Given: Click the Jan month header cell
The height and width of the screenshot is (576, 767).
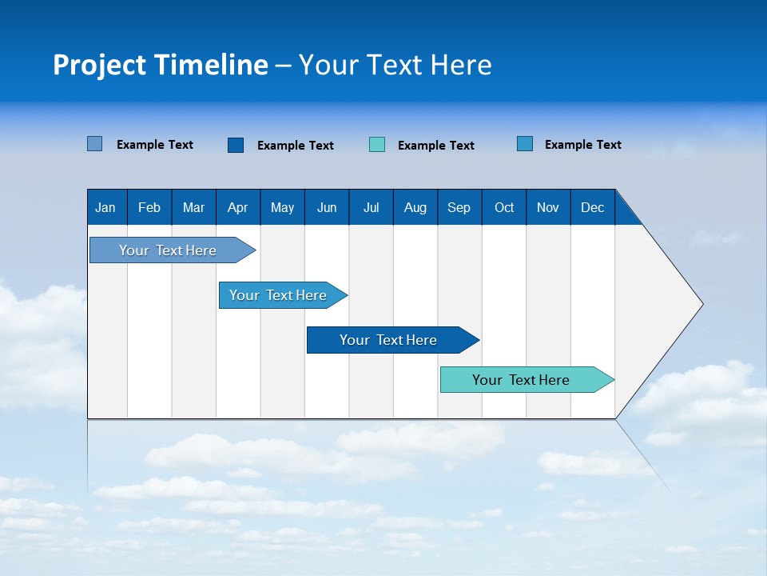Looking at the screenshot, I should point(106,207).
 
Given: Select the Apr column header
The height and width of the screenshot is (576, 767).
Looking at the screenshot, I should point(238,207).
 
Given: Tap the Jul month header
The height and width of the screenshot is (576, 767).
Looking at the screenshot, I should point(371,207).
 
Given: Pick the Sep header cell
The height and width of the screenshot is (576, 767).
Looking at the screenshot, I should point(459,207).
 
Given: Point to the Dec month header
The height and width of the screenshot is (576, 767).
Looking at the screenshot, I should point(592,207).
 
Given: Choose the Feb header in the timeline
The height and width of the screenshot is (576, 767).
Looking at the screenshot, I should point(149,207).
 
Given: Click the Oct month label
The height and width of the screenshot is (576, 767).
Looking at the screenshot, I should point(504,207).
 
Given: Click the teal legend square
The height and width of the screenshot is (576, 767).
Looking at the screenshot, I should point(377,145).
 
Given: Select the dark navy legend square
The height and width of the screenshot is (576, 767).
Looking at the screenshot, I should point(236,145).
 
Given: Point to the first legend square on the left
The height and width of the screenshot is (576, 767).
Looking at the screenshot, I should point(95,144).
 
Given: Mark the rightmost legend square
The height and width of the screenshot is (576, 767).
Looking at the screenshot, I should point(525,144).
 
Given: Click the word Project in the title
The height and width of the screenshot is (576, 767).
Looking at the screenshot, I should point(100,65).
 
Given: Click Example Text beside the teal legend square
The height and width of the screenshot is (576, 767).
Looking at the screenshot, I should point(435,146).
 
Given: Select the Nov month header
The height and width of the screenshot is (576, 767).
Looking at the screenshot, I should point(548,207).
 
